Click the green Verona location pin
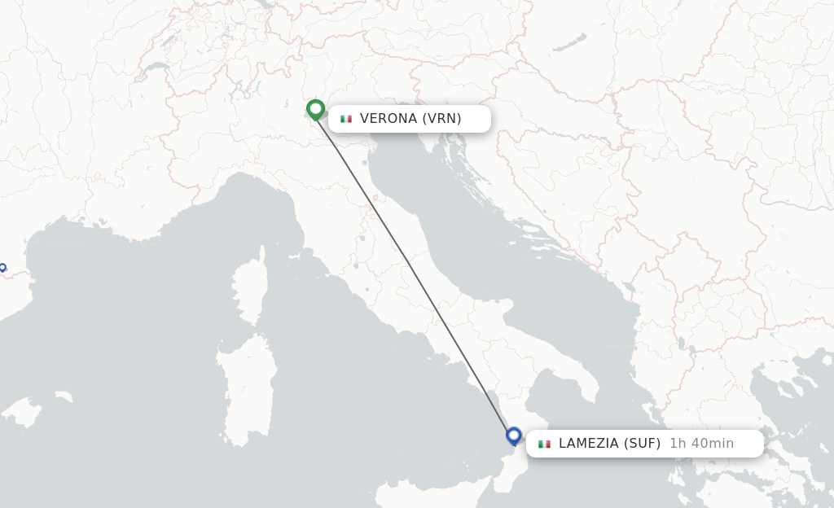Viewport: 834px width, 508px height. click(316, 109)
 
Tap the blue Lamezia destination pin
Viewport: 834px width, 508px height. click(513, 436)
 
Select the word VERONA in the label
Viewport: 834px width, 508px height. click(388, 119)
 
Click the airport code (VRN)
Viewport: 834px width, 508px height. click(441, 119)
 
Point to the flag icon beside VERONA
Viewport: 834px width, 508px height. click(346, 119)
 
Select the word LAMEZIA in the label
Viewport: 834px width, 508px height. click(589, 444)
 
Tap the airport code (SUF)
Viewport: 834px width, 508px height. click(643, 444)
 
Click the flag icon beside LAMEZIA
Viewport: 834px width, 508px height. click(544, 444)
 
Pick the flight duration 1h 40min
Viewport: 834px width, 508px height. click(701, 444)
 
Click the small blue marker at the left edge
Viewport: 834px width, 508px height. click(2, 267)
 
